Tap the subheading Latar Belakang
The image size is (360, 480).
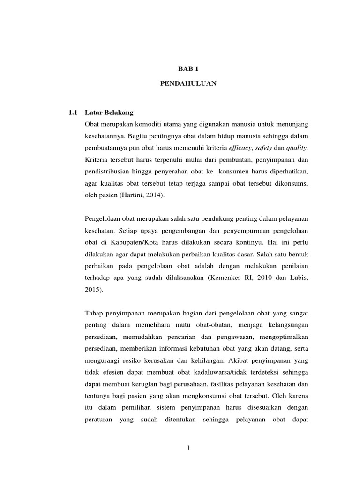(109, 113)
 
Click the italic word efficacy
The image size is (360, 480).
(242, 148)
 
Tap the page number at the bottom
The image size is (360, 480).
(188, 449)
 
